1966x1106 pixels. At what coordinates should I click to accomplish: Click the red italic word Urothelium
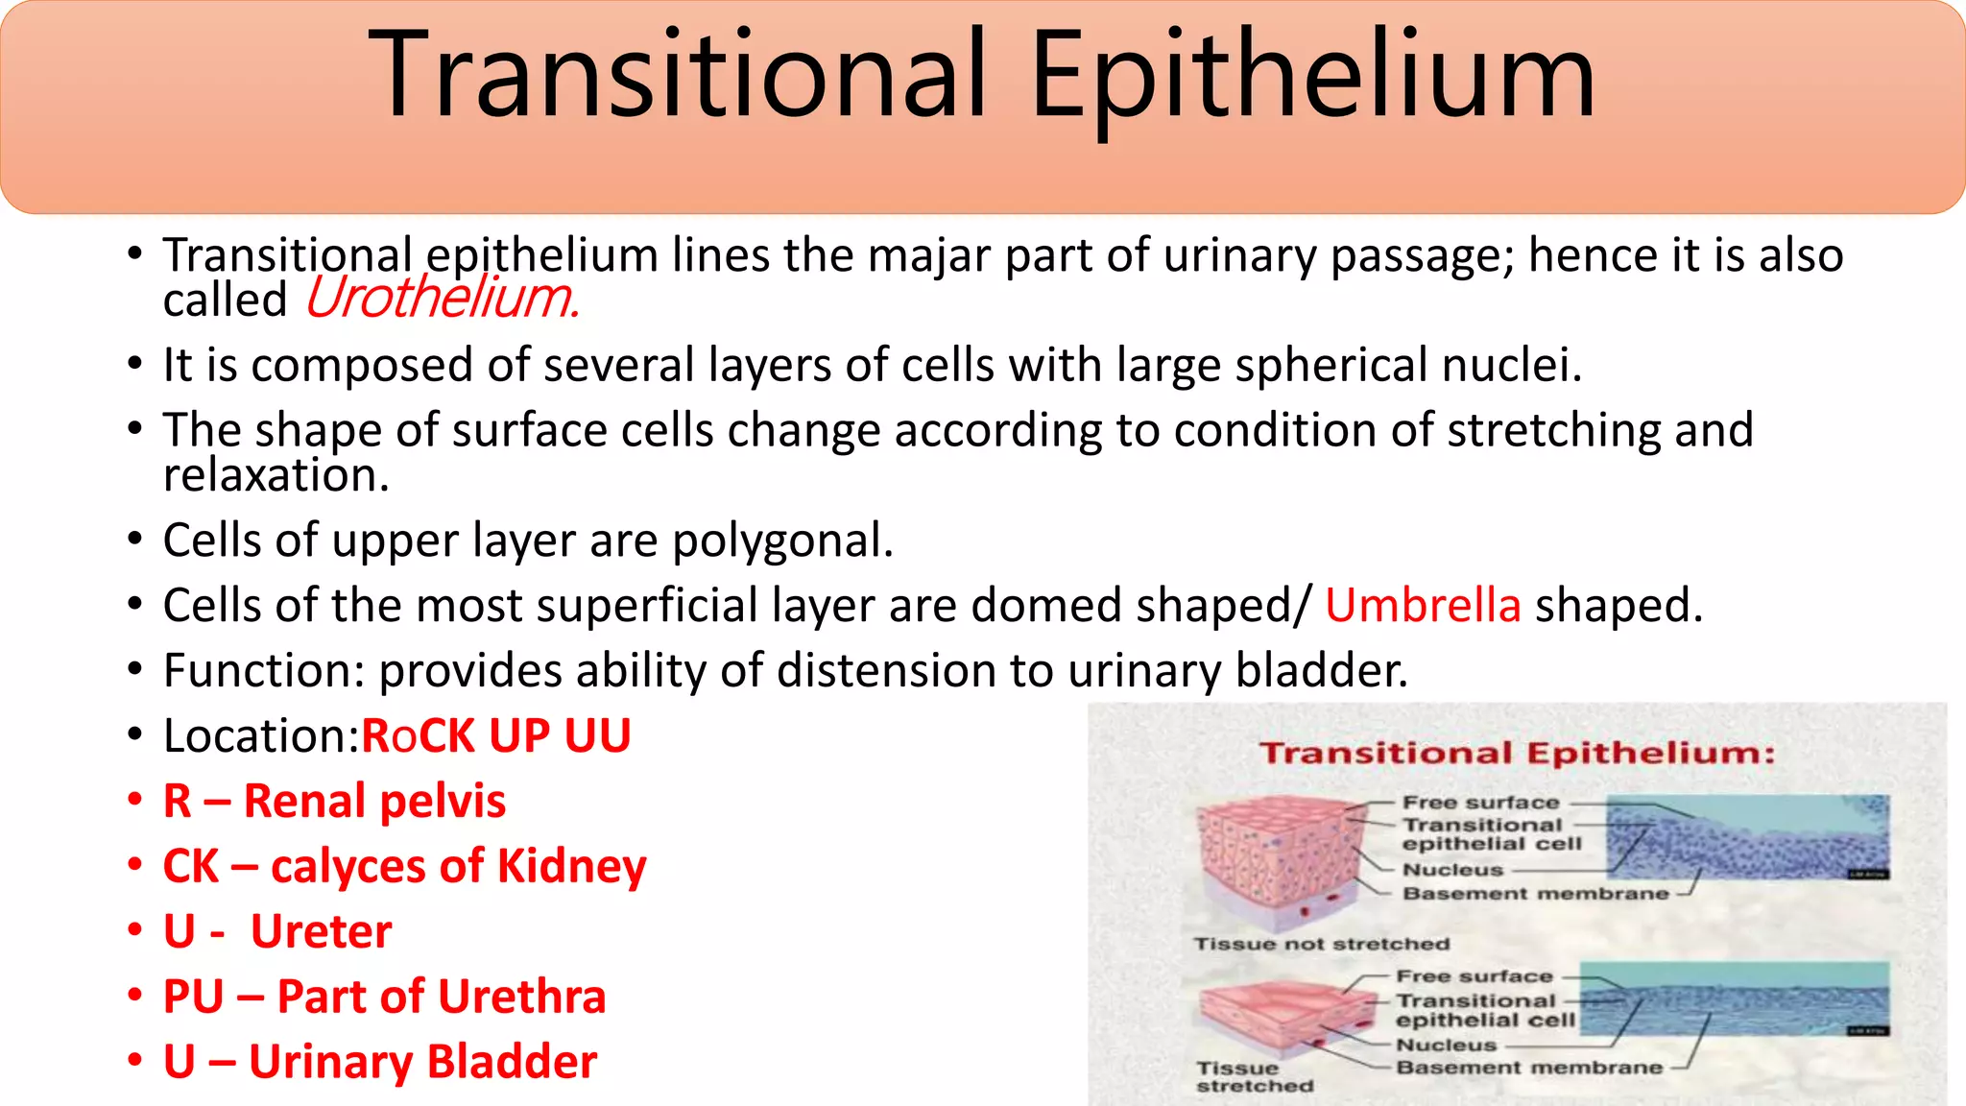pyautogui.click(x=442, y=299)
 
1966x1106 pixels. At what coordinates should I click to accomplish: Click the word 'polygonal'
pyautogui.click(x=781, y=541)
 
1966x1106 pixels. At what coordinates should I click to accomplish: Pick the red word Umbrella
pyautogui.click(x=1423, y=606)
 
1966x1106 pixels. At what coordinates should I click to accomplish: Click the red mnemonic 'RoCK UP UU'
pyautogui.click(x=495, y=736)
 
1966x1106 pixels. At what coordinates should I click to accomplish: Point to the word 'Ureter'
pyautogui.click(x=321, y=932)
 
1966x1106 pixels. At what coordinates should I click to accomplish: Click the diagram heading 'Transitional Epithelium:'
pyautogui.click(x=1517, y=754)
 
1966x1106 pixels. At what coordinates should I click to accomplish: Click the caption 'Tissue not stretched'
pyautogui.click(x=1321, y=945)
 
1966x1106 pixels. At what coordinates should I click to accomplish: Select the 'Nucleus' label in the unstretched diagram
pyautogui.click(x=1452, y=871)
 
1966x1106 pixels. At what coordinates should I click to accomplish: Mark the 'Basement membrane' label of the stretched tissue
pyautogui.click(x=1528, y=1068)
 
